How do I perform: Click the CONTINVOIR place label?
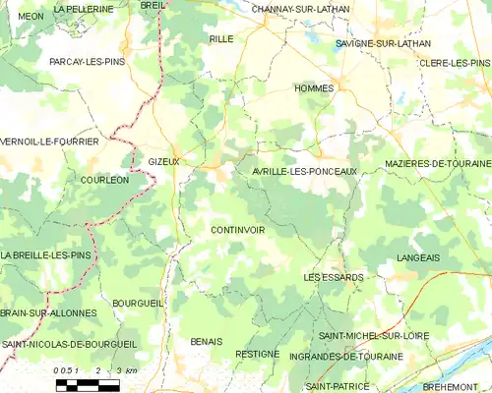click(x=238, y=230)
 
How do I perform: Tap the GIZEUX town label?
click(x=163, y=161)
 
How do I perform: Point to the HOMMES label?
click(x=314, y=88)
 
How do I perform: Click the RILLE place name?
click(x=220, y=38)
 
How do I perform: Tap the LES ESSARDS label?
click(x=334, y=277)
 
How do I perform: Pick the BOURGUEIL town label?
click(x=138, y=304)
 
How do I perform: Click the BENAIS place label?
click(x=207, y=341)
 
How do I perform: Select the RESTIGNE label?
click(x=258, y=354)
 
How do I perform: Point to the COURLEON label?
click(x=104, y=181)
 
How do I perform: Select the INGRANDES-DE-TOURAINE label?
click(x=341, y=356)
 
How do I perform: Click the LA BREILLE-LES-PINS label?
click(x=45, y=255)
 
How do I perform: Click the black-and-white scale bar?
click(x=87, y=384)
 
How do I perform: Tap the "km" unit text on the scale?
click(x=132, y=370)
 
